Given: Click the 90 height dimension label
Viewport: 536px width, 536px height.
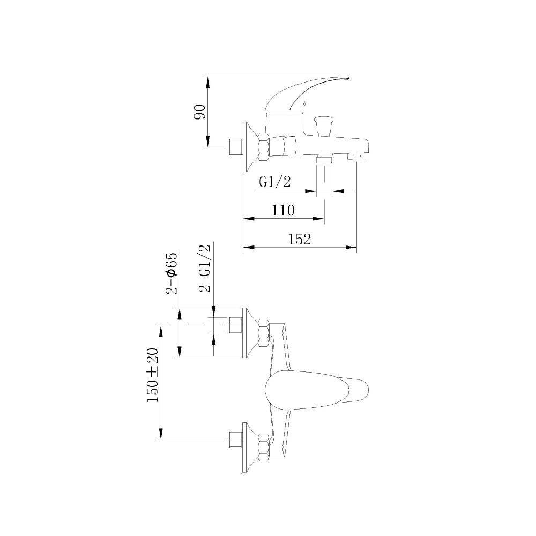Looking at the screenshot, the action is coord(200,111).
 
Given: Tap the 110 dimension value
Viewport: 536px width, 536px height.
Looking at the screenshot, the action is coord(283,210).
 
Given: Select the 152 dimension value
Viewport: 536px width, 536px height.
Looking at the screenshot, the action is coord(300,239).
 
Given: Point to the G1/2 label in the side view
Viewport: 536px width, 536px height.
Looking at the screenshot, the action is coord(275,182).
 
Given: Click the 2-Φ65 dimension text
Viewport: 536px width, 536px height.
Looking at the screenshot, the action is coord(172,273).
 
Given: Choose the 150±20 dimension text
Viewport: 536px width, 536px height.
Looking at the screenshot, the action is coord(153,375).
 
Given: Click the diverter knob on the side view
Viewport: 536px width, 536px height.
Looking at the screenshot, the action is coord(323,125).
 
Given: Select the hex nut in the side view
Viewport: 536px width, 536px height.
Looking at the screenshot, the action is coord(264,147).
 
